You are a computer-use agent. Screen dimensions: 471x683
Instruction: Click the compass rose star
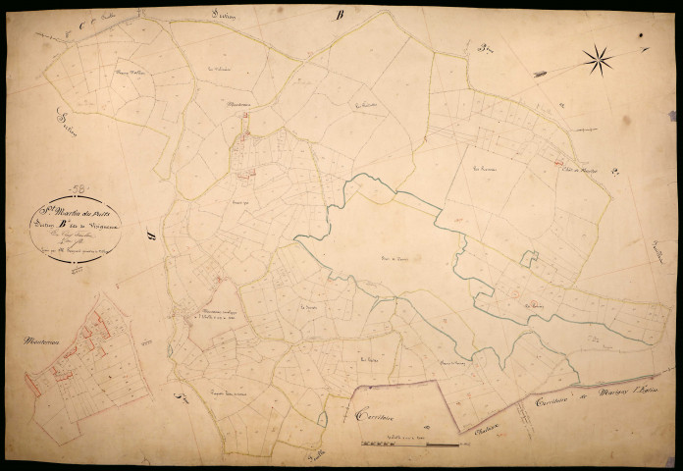[597, 61]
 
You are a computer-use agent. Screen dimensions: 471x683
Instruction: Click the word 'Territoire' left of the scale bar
[377, 412]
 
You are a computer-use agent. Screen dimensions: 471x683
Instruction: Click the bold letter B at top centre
[340, 15]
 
